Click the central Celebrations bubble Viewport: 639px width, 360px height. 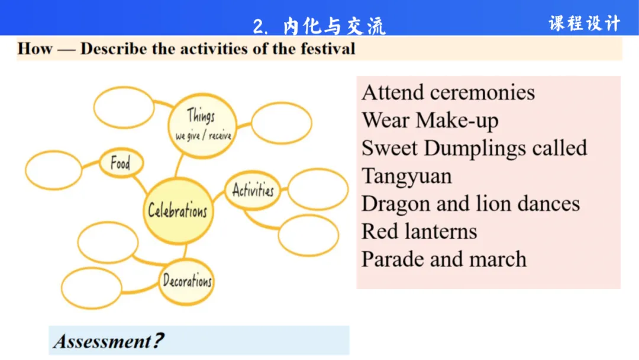[x=177, y=210]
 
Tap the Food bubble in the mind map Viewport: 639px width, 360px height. [x=120, y=163]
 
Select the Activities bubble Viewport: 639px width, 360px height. [x=253, y=191]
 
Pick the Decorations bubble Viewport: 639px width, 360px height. [x=187, y=281]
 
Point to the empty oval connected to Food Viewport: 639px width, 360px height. [x=53, y=170]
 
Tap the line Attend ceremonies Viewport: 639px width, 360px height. [x=448, y=92]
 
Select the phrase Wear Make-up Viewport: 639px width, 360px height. [x=430, y=120]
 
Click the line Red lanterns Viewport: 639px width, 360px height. [x=419, y=231]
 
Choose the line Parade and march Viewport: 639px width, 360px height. [x=444, y=259]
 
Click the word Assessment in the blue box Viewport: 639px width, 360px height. [x=102, y=341]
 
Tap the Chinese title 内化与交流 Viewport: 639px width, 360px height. [x=334, y=26]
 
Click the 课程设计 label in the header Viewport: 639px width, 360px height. [x=584, y=23]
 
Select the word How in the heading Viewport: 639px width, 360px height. [x=35, y=48]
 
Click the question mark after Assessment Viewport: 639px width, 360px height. [x=158, y=341]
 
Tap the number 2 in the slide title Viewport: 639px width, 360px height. [x=258, y=27]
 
